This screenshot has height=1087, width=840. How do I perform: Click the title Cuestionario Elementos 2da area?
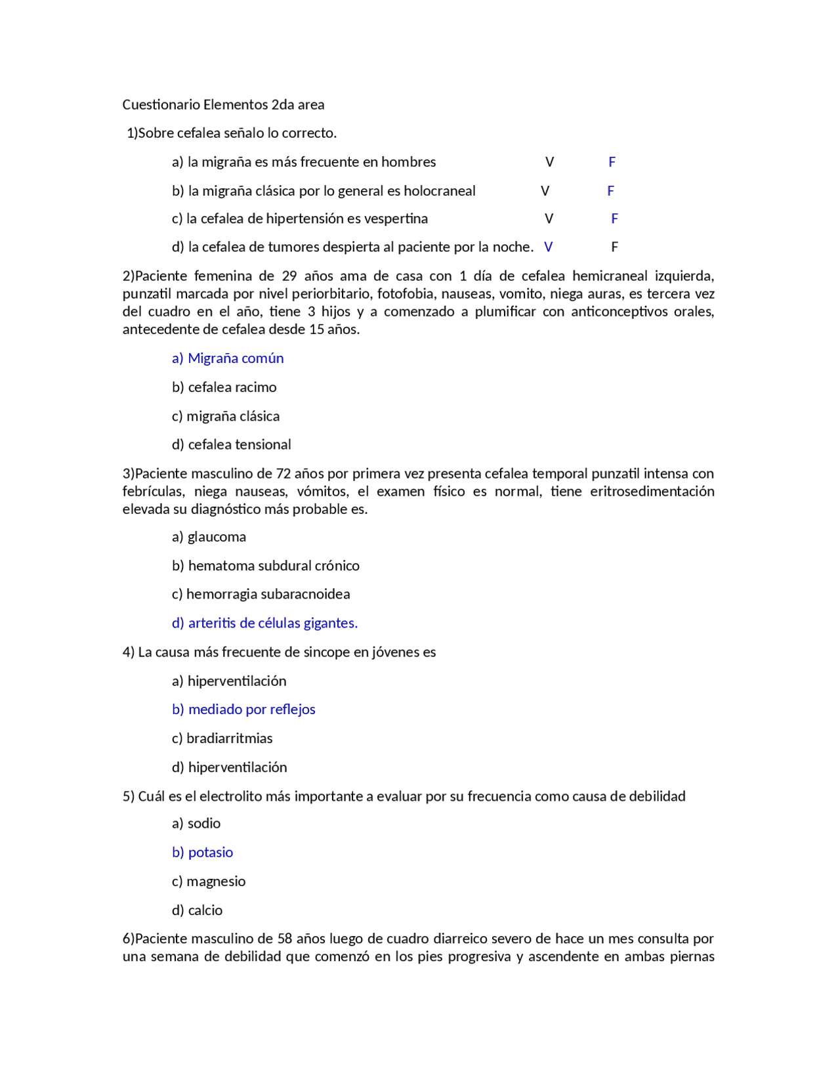[223, 104]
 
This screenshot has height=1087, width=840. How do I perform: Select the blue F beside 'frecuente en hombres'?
[612, 162]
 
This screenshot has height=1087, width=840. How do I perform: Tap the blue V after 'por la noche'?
[548, 247]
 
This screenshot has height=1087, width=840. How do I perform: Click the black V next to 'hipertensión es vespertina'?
[549, 219]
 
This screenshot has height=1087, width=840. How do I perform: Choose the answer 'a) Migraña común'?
[228, 358]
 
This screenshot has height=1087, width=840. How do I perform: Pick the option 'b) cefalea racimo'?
[224, 387]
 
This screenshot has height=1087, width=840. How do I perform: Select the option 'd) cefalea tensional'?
[231, 444]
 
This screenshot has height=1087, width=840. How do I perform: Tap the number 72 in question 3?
[283, 473]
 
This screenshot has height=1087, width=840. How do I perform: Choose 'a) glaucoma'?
[209, 537]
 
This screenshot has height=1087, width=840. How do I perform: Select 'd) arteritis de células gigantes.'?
[264, 623]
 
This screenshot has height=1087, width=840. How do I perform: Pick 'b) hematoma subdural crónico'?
[265, 566]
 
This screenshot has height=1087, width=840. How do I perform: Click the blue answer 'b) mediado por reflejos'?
[243, 709]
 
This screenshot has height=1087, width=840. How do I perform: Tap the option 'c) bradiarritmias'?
[222, 738]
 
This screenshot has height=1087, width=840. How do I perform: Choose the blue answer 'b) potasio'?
[202, 852]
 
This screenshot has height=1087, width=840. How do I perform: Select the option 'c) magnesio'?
[209, 881]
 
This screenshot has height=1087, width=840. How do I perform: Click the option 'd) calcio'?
[197, 910]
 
